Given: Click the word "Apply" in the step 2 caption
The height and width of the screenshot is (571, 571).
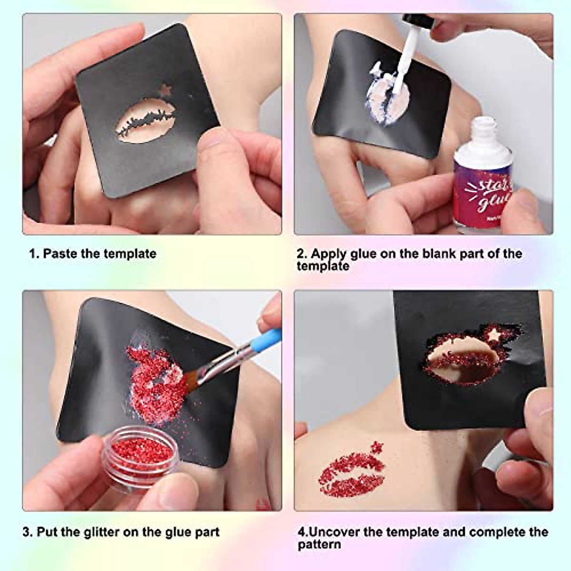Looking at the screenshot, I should pos(328,253).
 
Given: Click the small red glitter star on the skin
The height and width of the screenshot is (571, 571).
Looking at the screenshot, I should pos(377,446).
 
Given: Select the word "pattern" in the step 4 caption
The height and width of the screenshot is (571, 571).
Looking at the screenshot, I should pos(319,544).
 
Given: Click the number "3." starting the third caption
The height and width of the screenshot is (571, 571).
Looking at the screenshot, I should pos(28,532).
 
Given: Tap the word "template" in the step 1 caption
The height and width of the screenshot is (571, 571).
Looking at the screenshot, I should pos(129,253).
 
